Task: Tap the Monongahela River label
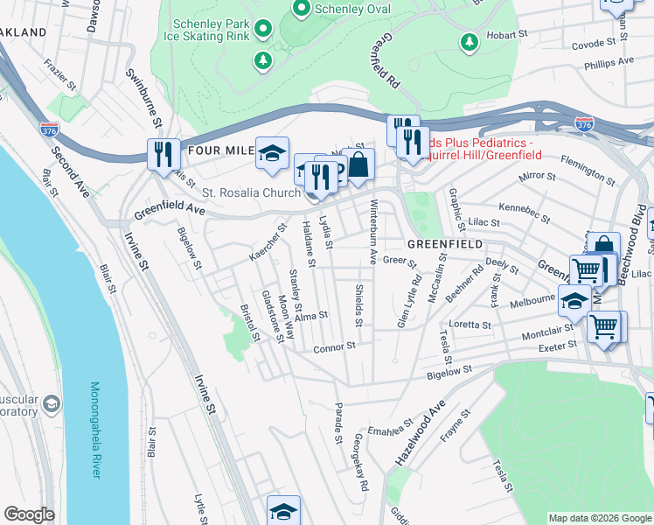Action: [x=95, y=429]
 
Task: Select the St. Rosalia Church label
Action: [x=252, y=192]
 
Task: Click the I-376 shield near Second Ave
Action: [x=49, y=129]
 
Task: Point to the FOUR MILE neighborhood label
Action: [x=219, y=150]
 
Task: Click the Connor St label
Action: [x=334, y=346]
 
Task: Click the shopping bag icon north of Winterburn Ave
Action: [x=358, y=163]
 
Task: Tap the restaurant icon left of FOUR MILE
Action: [x=163, y=154]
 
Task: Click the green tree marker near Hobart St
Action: [x=470, y=41]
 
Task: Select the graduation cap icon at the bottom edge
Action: [x=283, y=511]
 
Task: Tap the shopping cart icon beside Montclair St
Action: [x=604, y=326]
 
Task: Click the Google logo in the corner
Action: [x=30, y=514]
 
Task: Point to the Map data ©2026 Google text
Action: [x=599, y=518]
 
